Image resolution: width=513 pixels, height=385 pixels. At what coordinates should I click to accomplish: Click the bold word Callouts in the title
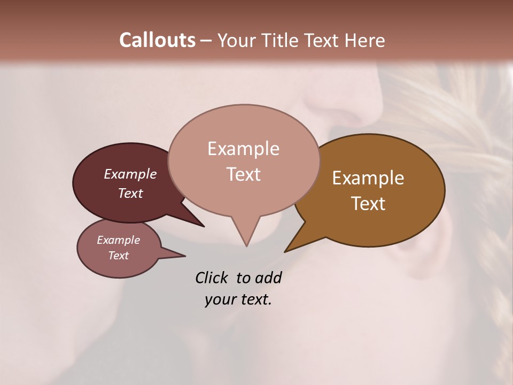tap(157, 40)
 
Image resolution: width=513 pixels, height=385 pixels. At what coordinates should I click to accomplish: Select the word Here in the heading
tap(366, 40)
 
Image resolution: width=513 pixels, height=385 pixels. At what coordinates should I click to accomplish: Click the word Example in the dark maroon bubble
tap(130, 174)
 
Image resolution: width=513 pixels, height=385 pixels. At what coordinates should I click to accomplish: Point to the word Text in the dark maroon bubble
tap(130, 193)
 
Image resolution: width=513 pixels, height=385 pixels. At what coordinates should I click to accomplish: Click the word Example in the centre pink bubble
tap(243, 149)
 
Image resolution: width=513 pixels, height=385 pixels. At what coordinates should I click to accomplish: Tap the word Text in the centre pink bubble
tap(243, 174)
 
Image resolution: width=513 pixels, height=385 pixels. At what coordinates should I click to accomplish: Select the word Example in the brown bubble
tap(368, 178)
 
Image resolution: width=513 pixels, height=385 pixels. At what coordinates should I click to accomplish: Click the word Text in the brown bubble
tap(368, 204)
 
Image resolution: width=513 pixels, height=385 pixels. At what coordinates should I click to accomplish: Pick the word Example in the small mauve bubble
tap(118, 240)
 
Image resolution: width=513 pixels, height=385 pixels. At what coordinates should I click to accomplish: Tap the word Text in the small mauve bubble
tap(118, 256)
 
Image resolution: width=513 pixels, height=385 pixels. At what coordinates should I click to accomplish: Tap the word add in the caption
tap(268, 278)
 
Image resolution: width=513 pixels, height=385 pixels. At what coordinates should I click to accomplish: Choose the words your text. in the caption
tap(238, 299)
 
